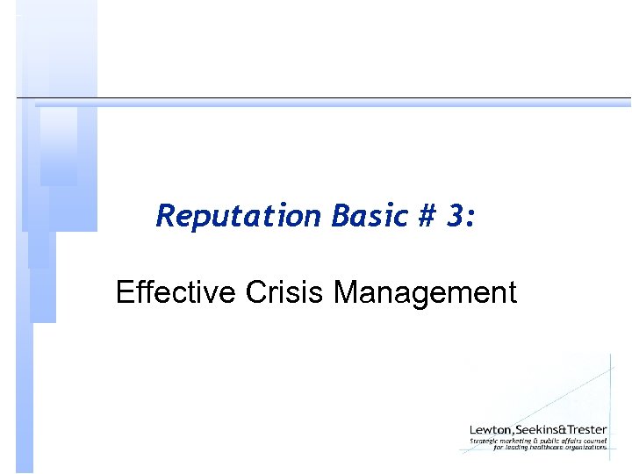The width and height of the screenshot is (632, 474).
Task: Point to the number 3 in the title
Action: [x=455, y=215]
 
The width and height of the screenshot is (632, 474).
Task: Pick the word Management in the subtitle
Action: [x=425, y=291]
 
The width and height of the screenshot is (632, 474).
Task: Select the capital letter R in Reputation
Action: [x=164, y=215]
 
